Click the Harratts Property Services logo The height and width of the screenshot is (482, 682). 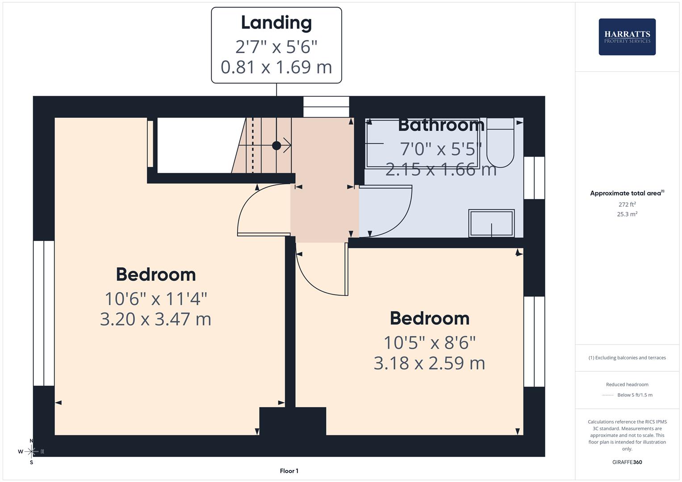(x=627, y=37)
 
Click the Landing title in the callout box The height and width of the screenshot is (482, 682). (x=276, y=23)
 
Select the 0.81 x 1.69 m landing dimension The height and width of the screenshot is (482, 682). (x=276, y=67)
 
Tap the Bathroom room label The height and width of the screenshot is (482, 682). (x=441, y=125)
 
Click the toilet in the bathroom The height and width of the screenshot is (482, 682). (x=500, y=143)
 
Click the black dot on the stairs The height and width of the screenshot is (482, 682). (x=276, y=145)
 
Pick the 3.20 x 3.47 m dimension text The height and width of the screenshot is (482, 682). (x=155, y=319)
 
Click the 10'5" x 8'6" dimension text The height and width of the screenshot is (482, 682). (x=429, y=343)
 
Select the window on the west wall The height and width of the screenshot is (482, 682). (x=44, y=313)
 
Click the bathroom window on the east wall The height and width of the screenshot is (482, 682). (x=534, y=178)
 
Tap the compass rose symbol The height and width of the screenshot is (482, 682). (x=31, y=452)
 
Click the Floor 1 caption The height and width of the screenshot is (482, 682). (x=289, y=471)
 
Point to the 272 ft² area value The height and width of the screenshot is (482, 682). (x=627, y=204)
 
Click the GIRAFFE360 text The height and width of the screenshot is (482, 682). (x=627, y=462)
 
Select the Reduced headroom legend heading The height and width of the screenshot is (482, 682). (x=627, y=384)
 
